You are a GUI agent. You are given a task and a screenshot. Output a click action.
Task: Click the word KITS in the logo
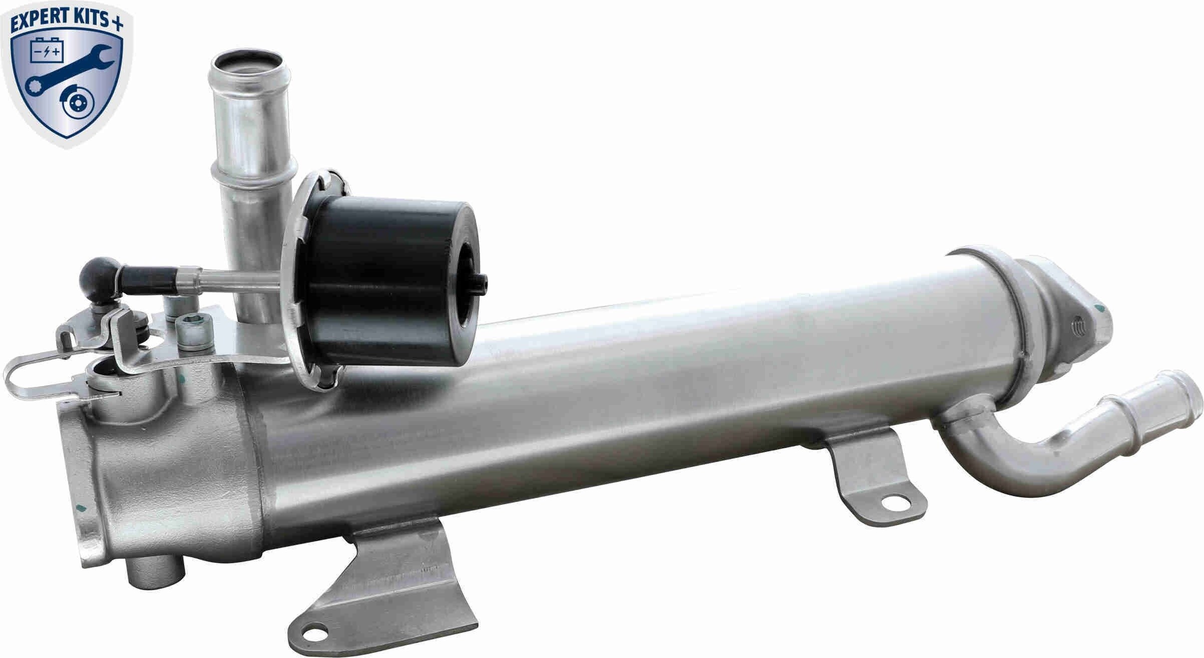(89, 19)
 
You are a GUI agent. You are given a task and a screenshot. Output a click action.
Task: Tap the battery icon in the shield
(46, 51)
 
